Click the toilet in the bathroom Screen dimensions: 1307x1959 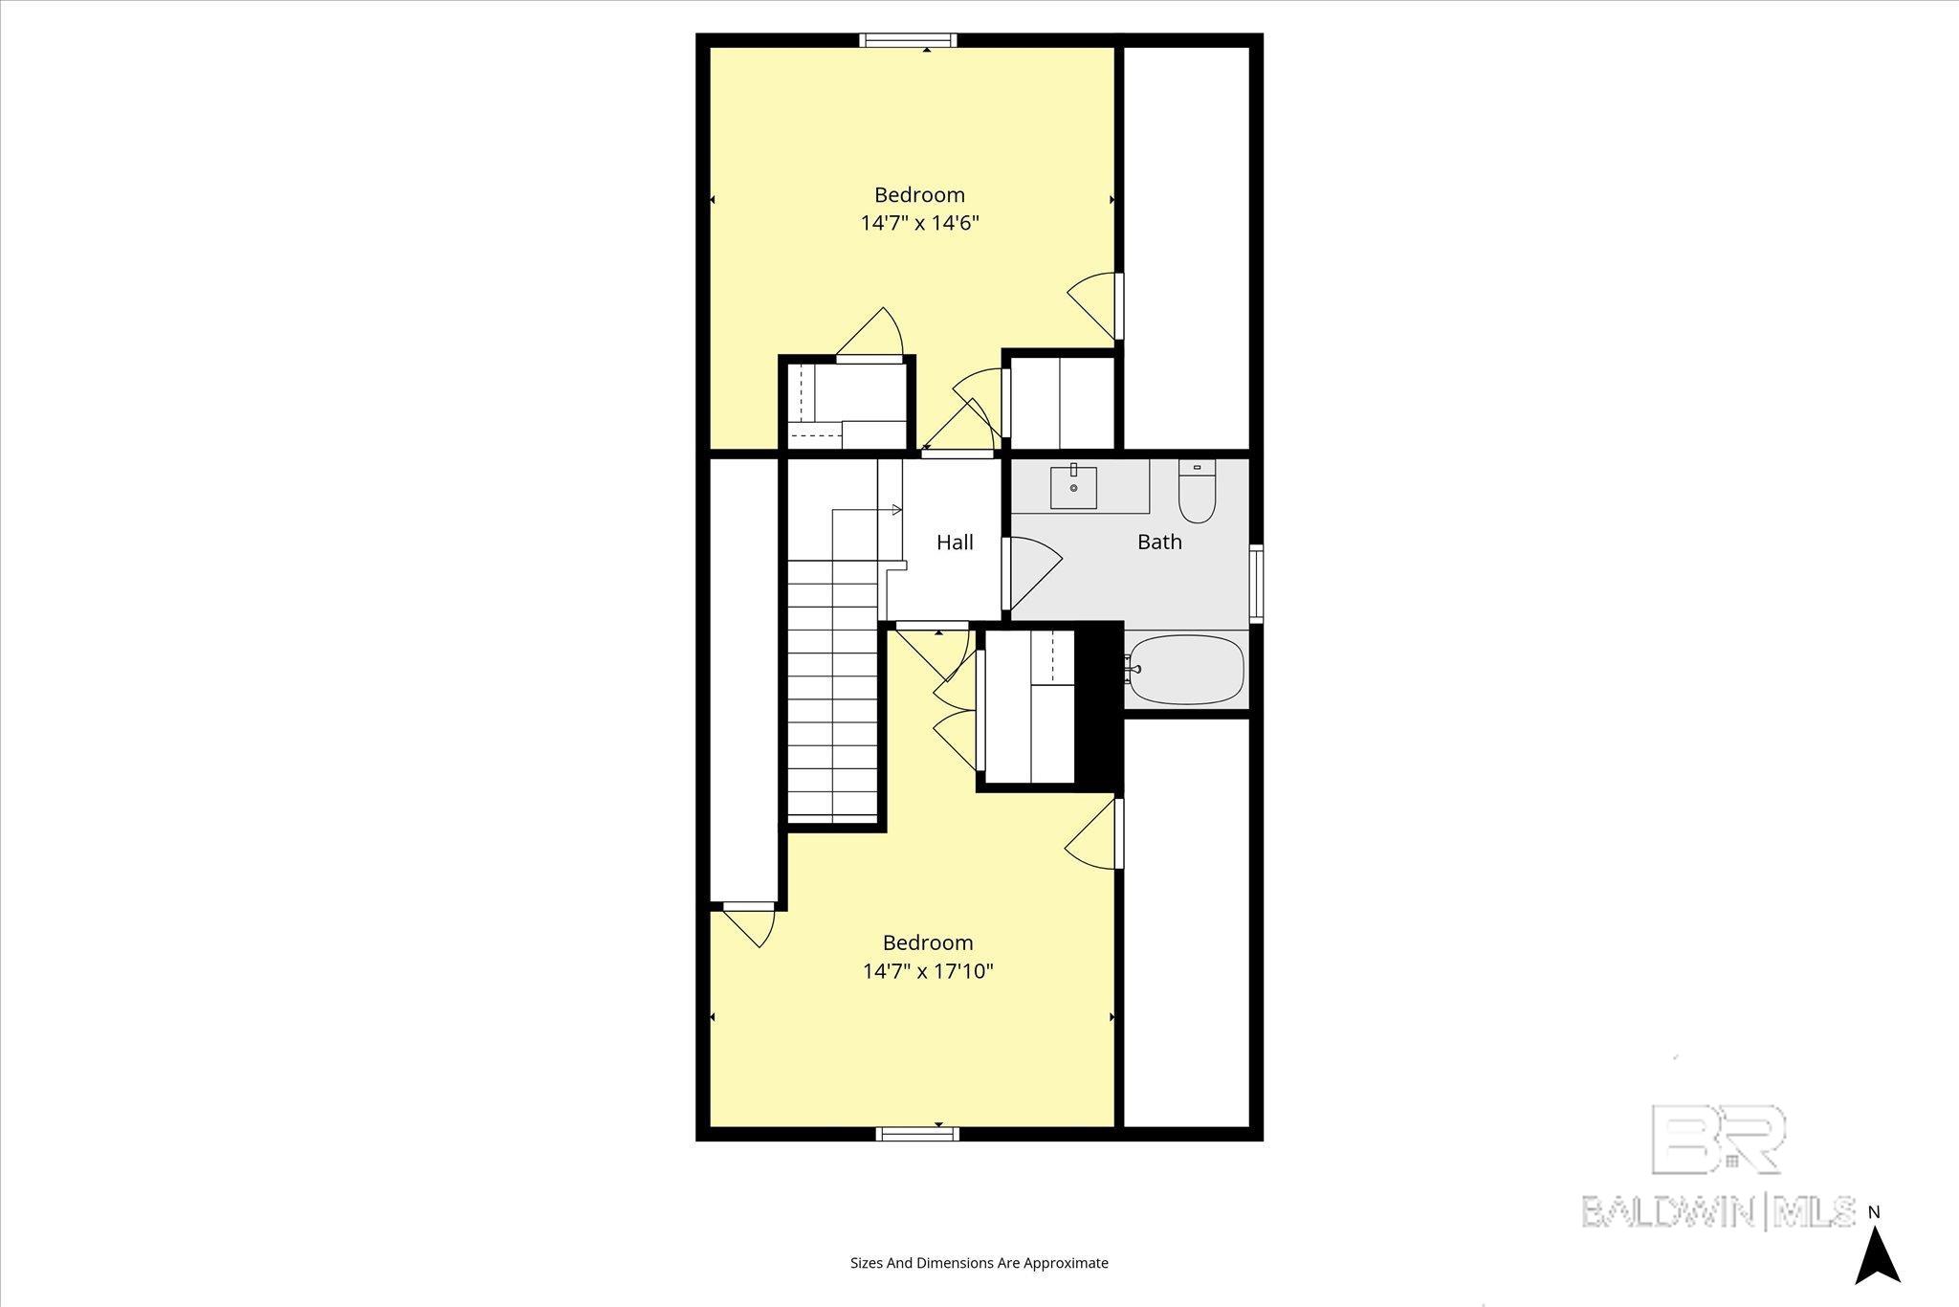tap(1197, 492)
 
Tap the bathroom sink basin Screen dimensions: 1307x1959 tap(1073, 488)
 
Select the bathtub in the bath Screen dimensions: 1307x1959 tap(1186, 669)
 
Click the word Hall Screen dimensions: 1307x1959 tap(955, 543)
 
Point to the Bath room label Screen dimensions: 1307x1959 tap(1159, 542)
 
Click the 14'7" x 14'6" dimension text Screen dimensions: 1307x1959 tap(920, 223)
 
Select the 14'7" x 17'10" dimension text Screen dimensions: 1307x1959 tap(928, 971)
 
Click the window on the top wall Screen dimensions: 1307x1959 tap(907, 40)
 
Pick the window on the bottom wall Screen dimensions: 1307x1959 tap(917, 1134)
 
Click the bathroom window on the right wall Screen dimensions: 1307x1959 tap(1256, 584)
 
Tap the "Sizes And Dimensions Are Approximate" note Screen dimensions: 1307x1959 tap(979, 1263)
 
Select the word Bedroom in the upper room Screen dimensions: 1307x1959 tap(919, 195)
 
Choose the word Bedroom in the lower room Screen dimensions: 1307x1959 tap(927, 942)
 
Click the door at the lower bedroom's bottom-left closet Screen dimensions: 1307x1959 tap(752, 923)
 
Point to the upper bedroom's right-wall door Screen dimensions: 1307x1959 tap(1095, 306)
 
